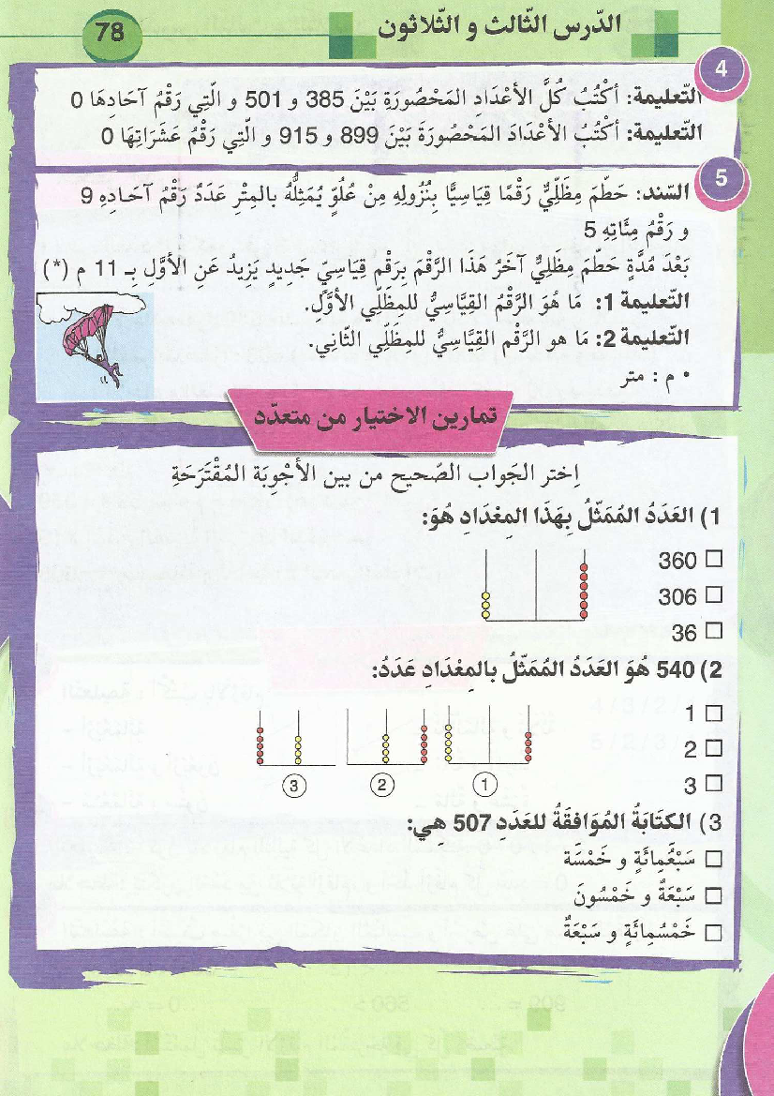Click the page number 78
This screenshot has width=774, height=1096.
click(110, 32)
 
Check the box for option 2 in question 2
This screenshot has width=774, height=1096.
click(715, 748)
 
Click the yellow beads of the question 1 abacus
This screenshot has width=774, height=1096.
click(486, 605)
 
